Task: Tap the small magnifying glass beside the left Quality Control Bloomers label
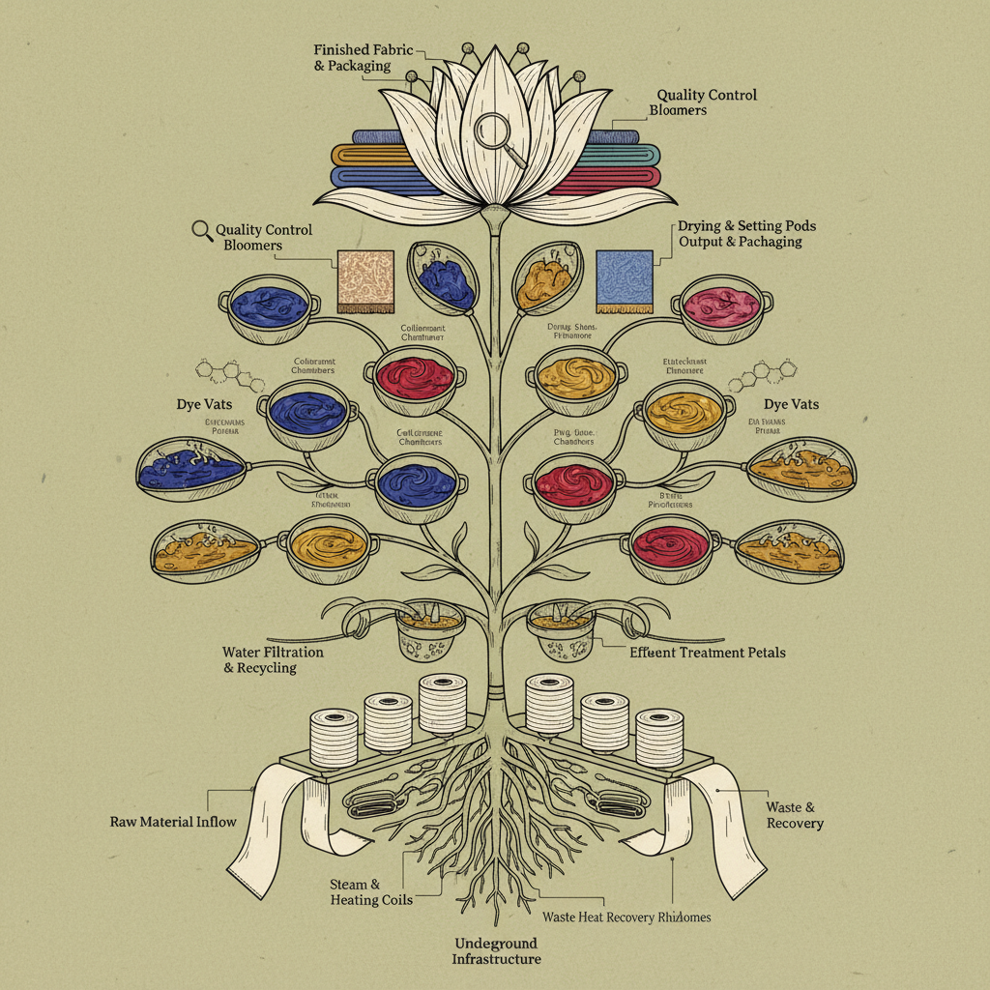coord(202,230)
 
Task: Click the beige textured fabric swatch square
coord(365,280)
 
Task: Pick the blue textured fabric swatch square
coord(626,281)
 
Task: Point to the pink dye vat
coord(720,305)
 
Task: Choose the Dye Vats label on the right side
coord(791,404)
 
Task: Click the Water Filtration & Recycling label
coord(273,660)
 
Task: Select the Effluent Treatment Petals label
coord(708,653)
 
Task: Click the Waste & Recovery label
coord(795,815)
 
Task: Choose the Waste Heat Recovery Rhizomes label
coord(626,917)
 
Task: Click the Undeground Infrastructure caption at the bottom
coord(496,950)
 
